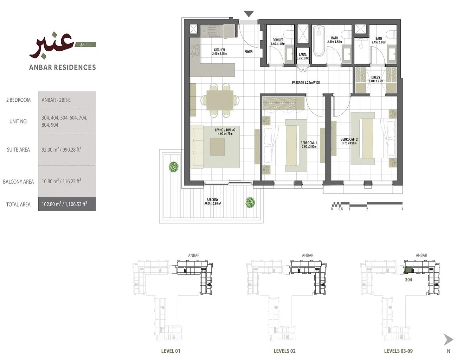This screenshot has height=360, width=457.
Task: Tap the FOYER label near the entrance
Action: (x=249, y=52)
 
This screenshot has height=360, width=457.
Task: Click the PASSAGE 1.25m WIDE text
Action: (x=306, y=83)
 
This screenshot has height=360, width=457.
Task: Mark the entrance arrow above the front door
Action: (x=249, y=14)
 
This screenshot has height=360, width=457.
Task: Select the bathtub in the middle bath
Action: (x=319, y=41)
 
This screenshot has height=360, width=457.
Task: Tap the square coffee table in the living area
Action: (x=218, y=146)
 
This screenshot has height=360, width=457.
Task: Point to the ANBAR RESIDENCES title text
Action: (x=63, y=67)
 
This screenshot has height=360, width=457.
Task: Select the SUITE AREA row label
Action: (x=18, y=150)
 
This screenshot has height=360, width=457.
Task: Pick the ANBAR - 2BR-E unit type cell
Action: (x=56, y=100)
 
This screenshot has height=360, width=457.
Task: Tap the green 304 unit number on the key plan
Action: (x=408, y=280)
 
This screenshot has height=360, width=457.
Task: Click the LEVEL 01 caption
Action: (x=170, y=351)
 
